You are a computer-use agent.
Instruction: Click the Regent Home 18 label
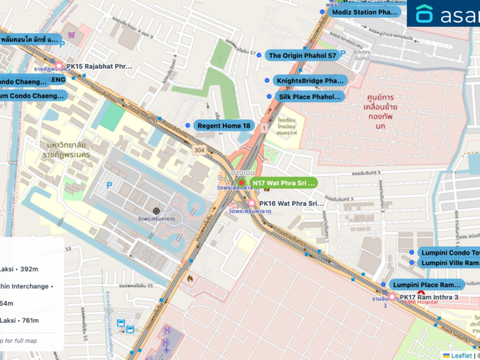coord(225,126)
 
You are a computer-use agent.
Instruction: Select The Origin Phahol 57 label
coord(302,56)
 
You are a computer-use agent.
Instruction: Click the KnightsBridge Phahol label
coord(309,81)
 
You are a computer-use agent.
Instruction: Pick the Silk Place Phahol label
coord(310,96)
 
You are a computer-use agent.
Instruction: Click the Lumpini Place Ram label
coord(426,285)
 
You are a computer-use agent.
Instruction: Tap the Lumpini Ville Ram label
coord(449,263)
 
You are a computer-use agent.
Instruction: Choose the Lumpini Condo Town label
coord(449,252)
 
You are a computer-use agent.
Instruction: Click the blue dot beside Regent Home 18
coord(188,126)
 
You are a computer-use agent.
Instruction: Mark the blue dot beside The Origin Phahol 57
coord(259,56)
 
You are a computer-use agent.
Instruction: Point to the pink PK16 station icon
coord(240,204)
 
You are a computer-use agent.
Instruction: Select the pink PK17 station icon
coord(393,298)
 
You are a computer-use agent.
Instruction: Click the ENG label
coord(58,80)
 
